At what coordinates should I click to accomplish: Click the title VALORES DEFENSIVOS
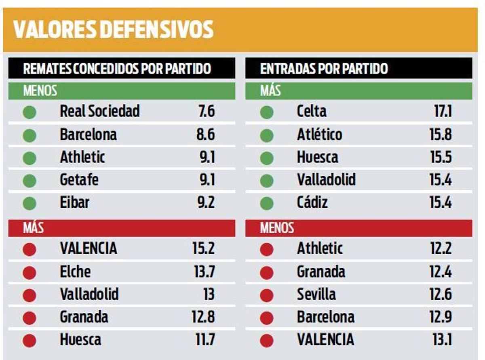[113, 29]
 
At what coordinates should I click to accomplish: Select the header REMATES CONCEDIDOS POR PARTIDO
[117, 68]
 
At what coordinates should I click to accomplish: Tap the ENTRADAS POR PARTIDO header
[324, 68]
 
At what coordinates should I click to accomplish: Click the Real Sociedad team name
[99, 111]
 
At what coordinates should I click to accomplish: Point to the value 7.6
[206, 111]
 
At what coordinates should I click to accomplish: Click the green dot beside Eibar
[30, 204]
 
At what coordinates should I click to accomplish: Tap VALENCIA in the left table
[88, 248]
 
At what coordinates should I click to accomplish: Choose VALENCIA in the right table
[325, 339]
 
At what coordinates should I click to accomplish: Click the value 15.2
[204, 248]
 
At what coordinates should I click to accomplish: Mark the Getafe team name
[79, 180]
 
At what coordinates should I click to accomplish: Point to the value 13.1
[442, 339]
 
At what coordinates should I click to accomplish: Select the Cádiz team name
[312, 202]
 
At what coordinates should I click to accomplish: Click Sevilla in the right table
[316, 294]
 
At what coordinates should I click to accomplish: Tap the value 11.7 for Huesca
[205, 339]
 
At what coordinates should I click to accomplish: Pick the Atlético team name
[319, 135]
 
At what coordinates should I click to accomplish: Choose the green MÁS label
[270, 91]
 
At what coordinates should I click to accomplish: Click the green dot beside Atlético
[266, 135]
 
